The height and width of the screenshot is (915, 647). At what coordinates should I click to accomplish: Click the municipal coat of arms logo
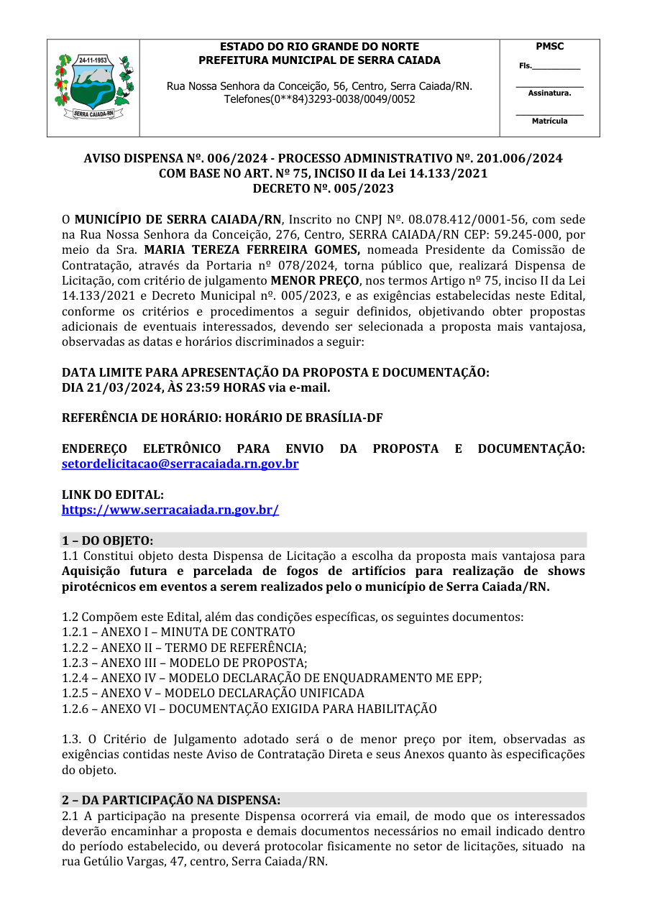tap(93, 87)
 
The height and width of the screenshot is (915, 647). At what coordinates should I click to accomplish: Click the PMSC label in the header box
tap(550, 47)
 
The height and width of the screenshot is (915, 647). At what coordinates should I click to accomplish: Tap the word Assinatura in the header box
tap(550, 93)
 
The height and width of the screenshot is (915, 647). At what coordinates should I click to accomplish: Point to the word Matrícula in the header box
tap(550, 121)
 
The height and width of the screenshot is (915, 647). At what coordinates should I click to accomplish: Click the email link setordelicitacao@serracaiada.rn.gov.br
tap(180, 464)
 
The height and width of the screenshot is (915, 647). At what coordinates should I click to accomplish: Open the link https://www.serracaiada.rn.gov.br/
tap(170, 510)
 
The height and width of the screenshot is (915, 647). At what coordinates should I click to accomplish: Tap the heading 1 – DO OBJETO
tap(108, 540)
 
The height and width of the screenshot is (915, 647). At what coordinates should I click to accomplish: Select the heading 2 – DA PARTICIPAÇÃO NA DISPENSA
tap(171, 799)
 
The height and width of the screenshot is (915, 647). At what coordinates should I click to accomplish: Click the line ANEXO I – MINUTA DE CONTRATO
tap(178, 632)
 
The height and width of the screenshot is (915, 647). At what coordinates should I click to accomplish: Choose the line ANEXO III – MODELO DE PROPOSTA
tap(184, 663)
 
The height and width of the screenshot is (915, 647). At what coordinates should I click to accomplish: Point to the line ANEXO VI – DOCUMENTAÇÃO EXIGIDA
tap(249, 709)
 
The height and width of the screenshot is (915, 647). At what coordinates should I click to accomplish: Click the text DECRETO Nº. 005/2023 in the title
tap(323, 188)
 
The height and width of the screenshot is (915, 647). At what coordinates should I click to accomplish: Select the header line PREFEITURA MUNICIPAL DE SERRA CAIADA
tap(319, 60)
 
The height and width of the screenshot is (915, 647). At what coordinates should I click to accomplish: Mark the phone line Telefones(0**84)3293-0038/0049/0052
tap(319, 99)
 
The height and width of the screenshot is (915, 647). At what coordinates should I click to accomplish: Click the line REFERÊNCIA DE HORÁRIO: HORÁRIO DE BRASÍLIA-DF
tap(222, 418)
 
